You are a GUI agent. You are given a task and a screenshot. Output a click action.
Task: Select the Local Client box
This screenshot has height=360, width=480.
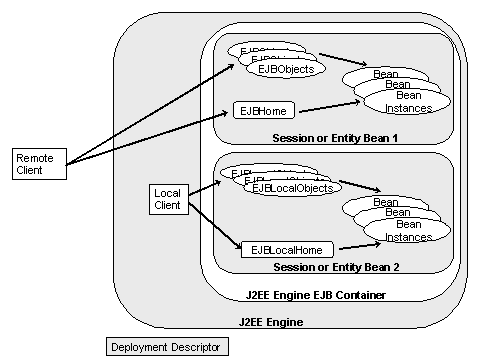click(x=169, y=198)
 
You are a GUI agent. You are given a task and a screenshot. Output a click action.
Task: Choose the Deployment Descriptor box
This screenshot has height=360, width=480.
click(x=167, y=347)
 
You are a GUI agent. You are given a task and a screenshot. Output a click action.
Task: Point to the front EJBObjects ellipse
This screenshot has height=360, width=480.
click(x=286, y=69)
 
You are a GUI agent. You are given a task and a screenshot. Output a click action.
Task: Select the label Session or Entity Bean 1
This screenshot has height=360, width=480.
click(x=336, y=137)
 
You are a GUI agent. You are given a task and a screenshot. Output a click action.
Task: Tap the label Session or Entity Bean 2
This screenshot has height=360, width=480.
click(x=336, y=268)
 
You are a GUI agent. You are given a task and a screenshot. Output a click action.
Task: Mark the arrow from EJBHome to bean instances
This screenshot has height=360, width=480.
click(x=325, y=107)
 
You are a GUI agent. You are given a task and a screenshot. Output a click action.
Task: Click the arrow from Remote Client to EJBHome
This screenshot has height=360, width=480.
click(x=150, y=136)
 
